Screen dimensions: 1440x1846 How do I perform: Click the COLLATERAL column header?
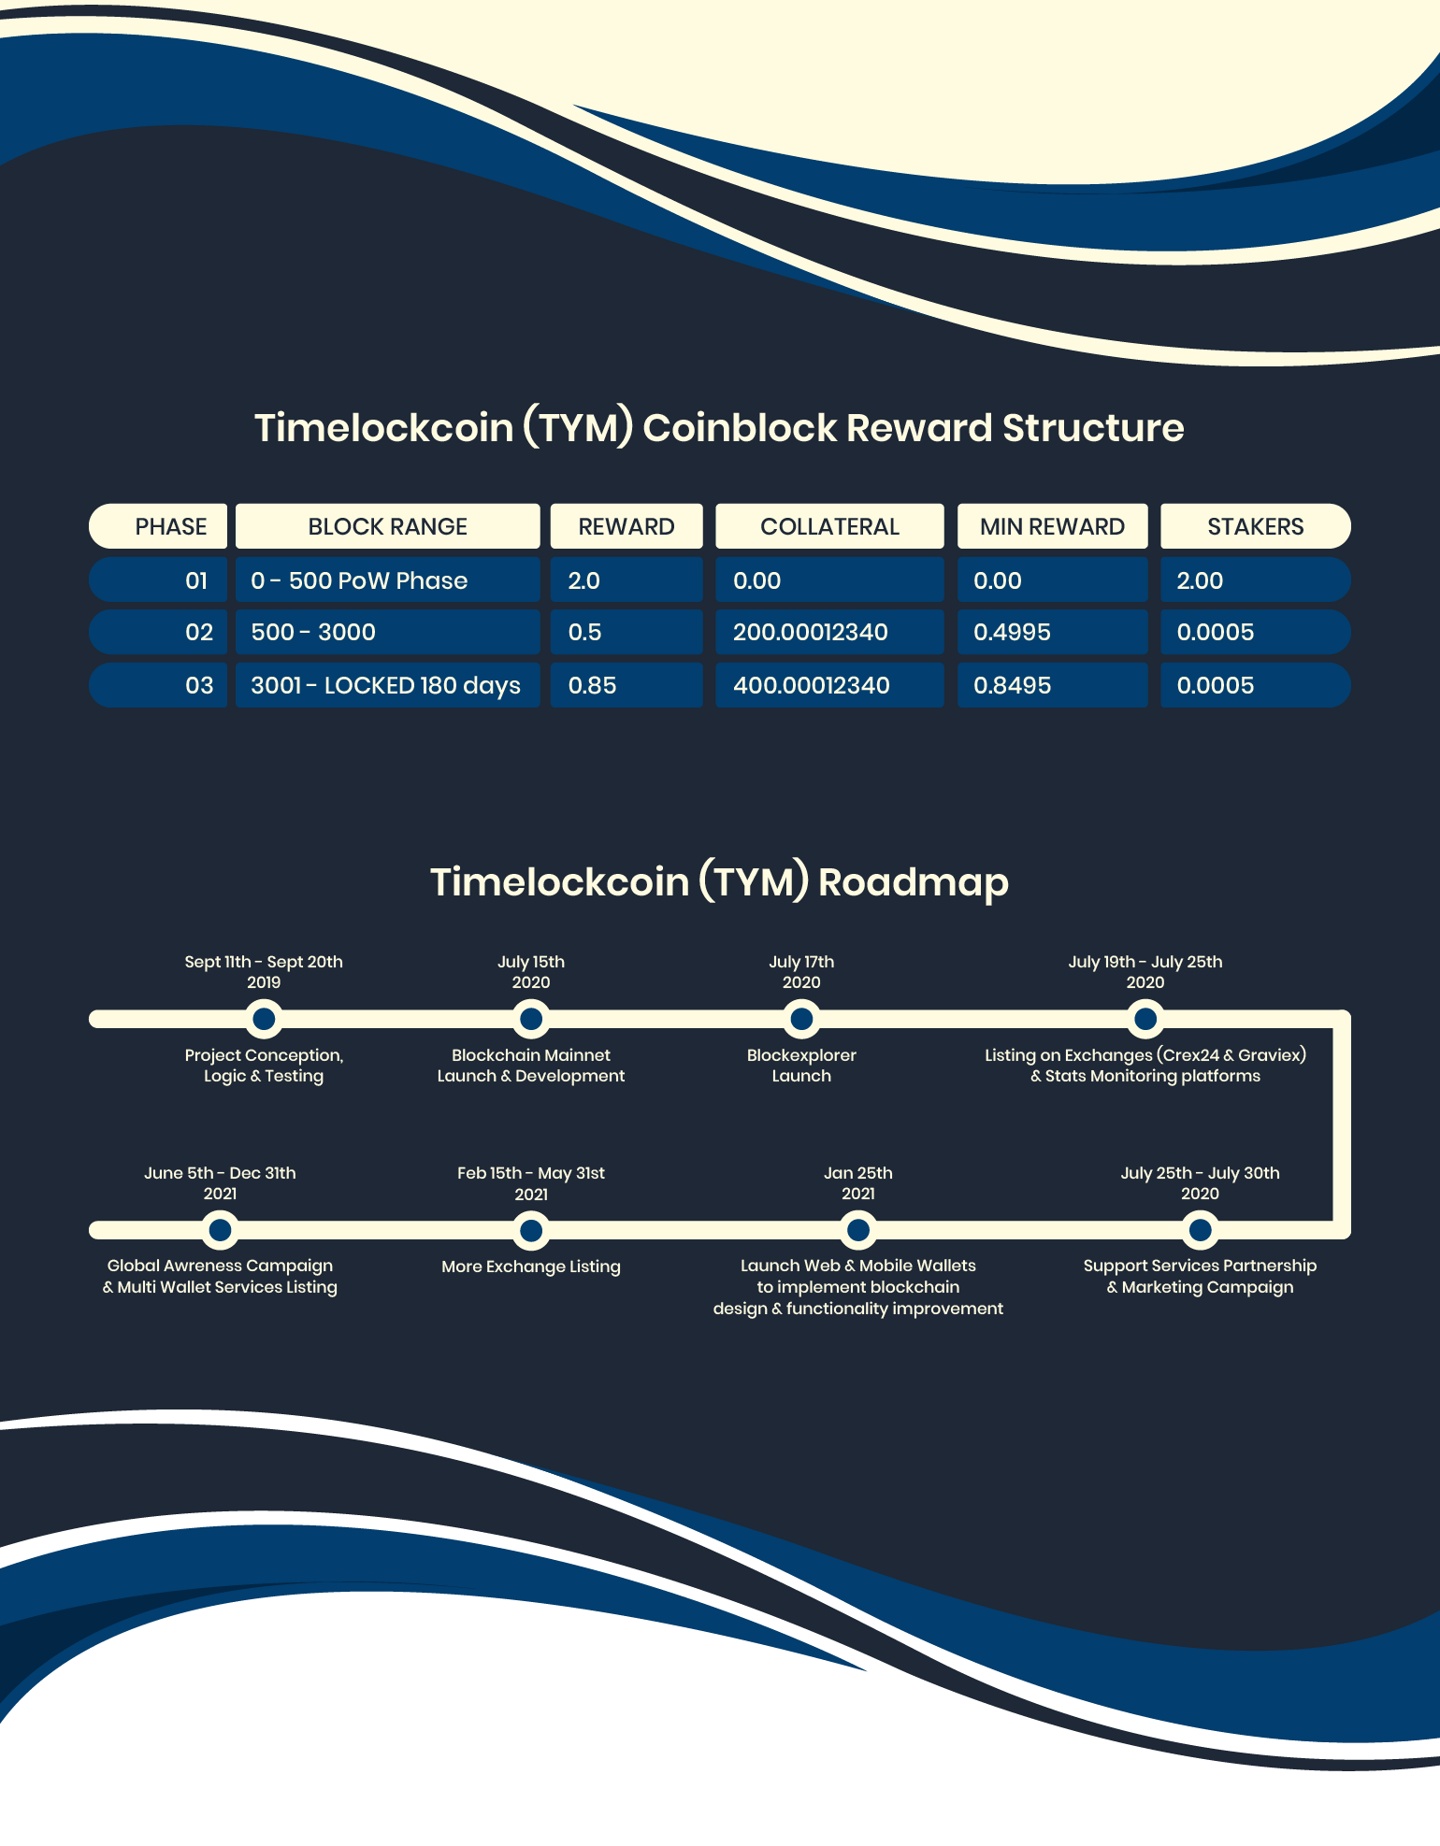(x=829, y=526)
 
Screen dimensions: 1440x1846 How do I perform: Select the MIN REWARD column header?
(x=1052, y=526)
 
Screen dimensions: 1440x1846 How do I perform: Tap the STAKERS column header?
(x=1255, y=526)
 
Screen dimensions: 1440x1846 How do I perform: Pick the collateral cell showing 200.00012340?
(x=829, y=632)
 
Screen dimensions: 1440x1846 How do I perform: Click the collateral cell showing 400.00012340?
(x=829, y=685)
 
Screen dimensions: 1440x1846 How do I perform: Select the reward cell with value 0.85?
(x=626, y=685)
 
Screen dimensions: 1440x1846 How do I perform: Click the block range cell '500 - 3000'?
(x=387, y=632)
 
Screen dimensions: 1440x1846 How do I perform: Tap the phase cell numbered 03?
(x=158, y=685)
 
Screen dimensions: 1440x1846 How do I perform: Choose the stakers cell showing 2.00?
(x=1255, y=580)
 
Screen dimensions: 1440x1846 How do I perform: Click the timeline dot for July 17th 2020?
(x=801, y=1019)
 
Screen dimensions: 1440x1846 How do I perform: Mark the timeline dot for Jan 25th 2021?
(x=857, y=1230)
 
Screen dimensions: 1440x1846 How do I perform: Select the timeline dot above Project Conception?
(x=264, y=1019)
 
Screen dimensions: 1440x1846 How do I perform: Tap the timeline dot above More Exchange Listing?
(x=531, y=1230)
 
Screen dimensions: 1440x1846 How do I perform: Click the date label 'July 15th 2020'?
(x=531, y=972)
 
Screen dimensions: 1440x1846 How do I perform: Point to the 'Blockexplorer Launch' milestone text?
(x=801, y=1066)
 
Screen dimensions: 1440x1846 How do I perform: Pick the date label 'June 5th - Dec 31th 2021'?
(x=220, y=1183)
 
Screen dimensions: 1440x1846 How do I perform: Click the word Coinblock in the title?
(x=740, y=428)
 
